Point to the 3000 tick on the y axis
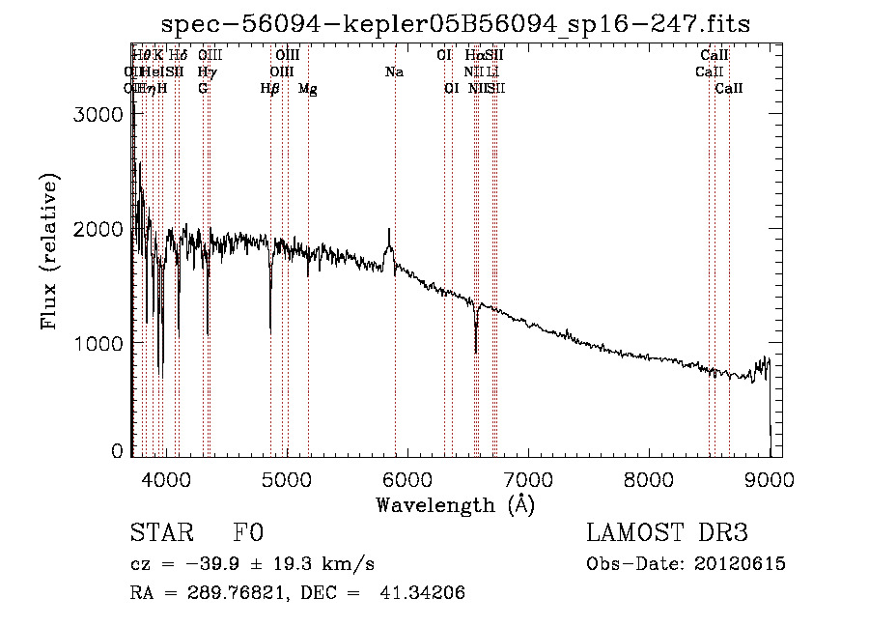tap(97, 114)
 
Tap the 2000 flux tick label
tap(97, 229)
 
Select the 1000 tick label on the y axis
tap(97, 343)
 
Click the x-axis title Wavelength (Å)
tap(456, 503)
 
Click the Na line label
tap(394, 71)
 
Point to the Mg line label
tap(308, 89)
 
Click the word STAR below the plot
tap(160, 534)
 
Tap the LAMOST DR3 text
tap(667, 534)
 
